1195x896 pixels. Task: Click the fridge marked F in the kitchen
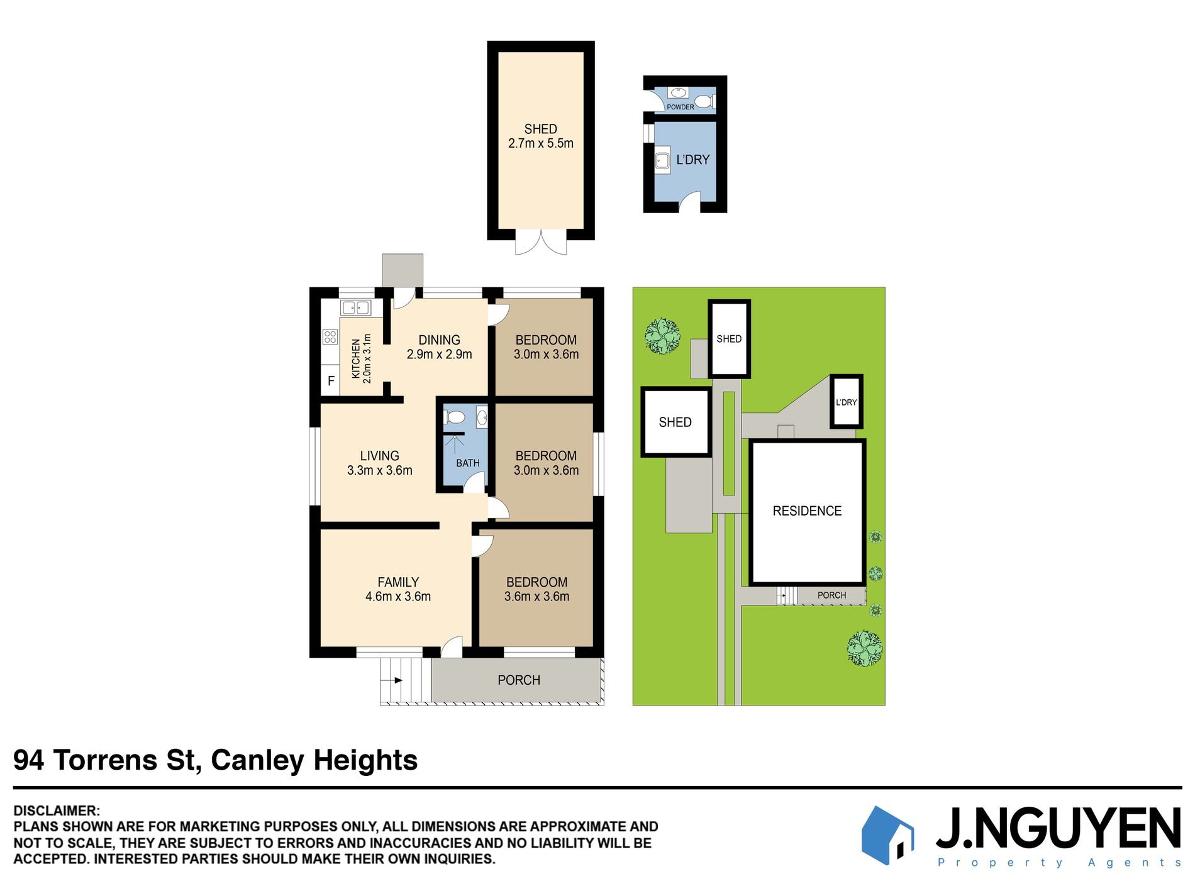330,381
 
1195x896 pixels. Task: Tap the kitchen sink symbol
355,307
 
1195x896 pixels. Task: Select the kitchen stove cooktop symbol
330,337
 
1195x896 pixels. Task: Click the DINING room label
439,340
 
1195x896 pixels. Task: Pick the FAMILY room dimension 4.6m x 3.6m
398,597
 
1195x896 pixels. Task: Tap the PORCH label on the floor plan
519,680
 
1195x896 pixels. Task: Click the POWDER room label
681,107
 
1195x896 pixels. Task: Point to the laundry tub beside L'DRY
662,160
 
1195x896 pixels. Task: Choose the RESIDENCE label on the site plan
807,511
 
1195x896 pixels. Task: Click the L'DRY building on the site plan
846,402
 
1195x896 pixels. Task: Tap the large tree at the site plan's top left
662,336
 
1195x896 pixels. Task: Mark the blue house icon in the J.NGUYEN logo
887,836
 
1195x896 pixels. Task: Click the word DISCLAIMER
56,811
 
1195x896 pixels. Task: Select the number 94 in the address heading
29,760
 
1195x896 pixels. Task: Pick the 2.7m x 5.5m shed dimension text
541,143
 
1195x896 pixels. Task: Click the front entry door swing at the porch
452,647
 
